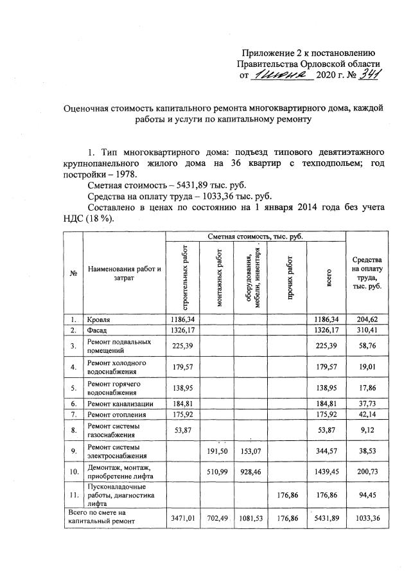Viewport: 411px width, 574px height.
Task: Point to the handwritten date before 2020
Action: pyautogui.click(x=281, y=76)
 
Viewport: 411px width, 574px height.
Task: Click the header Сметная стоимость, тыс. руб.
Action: pyautogui.click(x=255, y=237)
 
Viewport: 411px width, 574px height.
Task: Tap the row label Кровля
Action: pyautogui.click(x=100, y=319)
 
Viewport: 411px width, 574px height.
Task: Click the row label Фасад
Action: pyautogui.click(x=97, y=330)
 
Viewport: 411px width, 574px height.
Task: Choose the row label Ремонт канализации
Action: pyautogui.click(x=120, y=403)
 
